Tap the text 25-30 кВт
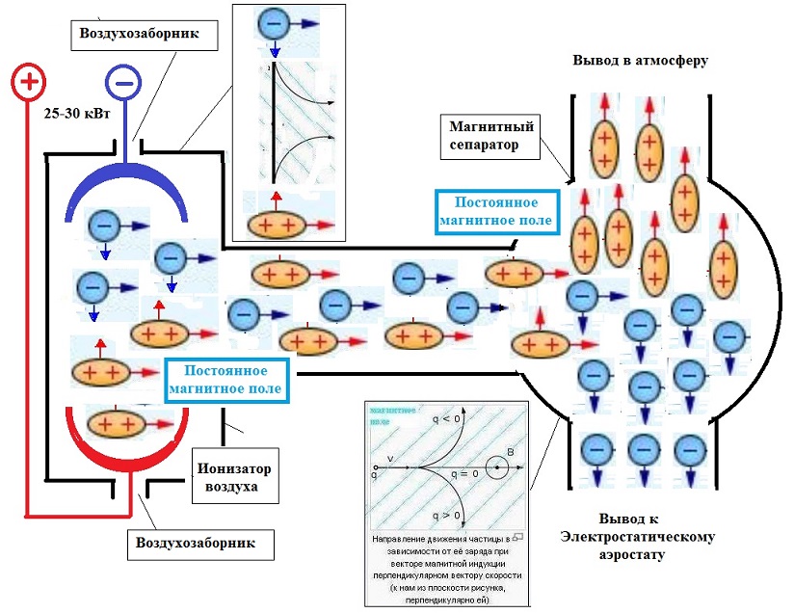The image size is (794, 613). [x=73, y=113]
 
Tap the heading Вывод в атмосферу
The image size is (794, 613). [x=640, y=60]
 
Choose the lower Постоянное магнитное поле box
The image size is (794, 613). [x=226, y=380]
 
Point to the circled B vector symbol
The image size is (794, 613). [x=496, y=467]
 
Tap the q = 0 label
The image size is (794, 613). [x=465, y=475]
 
